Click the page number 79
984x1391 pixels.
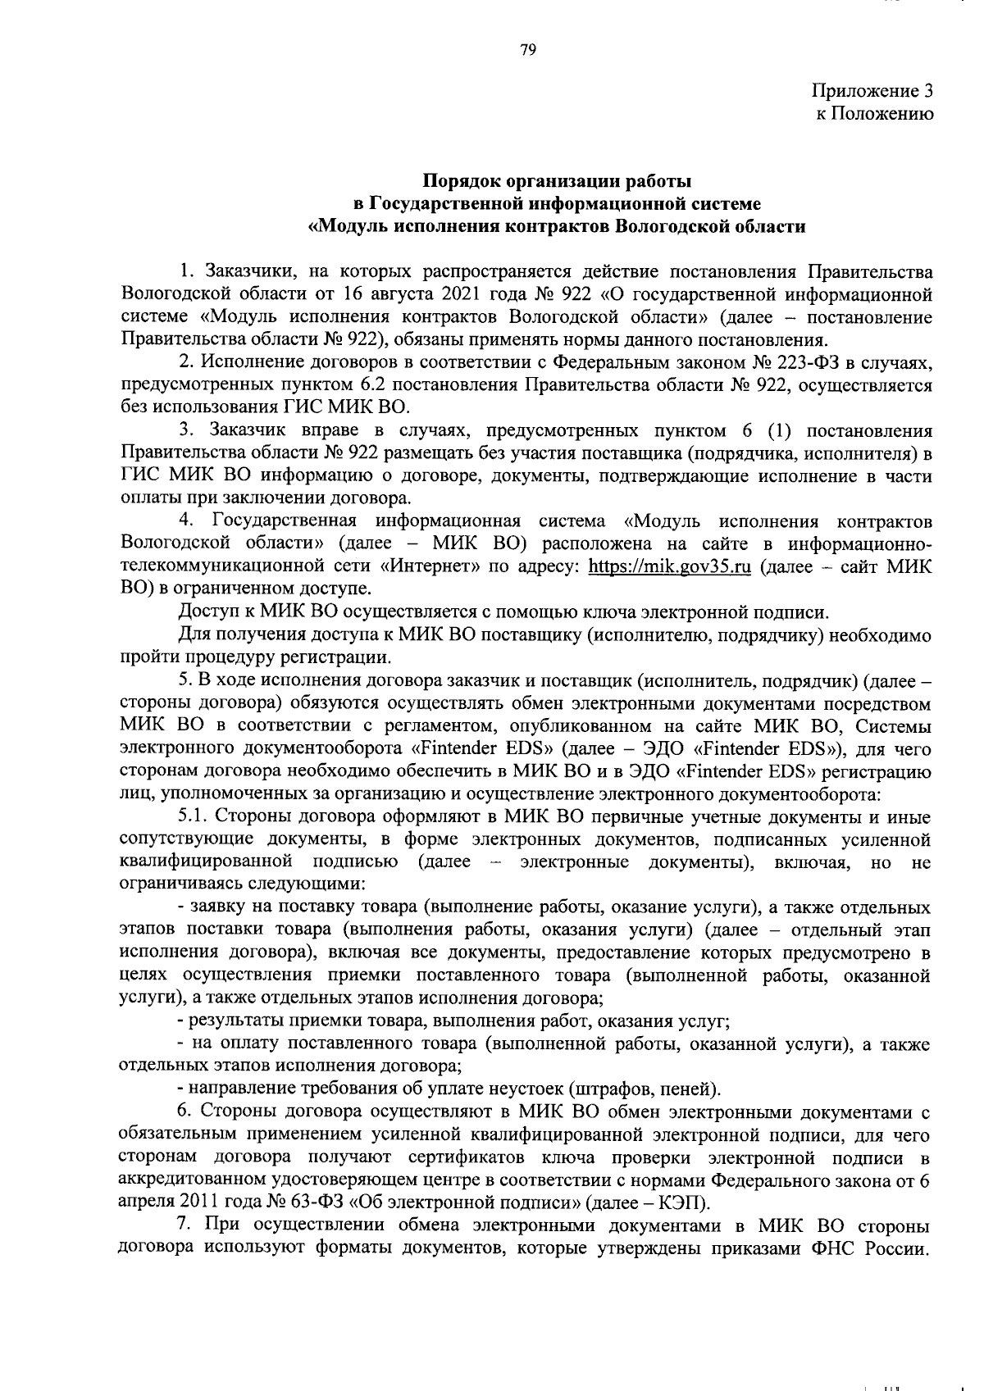point(527,51)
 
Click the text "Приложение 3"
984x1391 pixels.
point(872,91)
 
